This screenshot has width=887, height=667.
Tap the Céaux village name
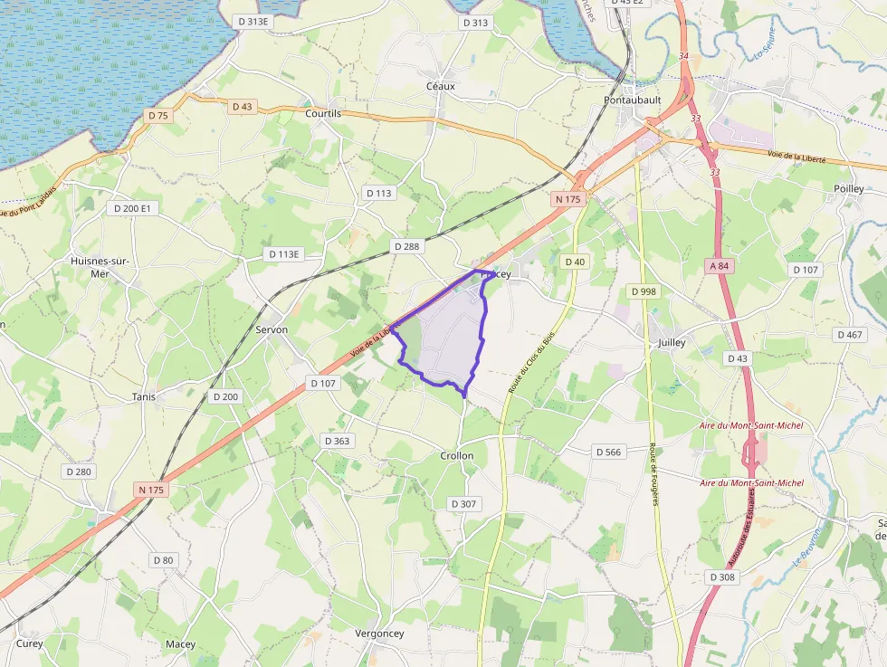coord(441,86)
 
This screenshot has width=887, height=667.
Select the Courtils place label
coord(323,113)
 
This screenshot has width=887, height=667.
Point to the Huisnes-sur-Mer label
coord(100,267)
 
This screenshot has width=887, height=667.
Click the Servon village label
coord(272,329)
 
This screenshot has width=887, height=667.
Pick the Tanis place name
coord(144,396)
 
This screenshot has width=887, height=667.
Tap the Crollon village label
coord(457,455)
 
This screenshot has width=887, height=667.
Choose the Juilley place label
coord(672,343)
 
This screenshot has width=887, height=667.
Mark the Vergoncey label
coord(380,634)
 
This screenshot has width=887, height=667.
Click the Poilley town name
coord(849,188)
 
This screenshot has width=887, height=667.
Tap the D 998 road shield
coord(643,291)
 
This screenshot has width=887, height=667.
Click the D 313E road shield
coord(253,22)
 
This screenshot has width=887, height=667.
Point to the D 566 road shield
coord(610,451)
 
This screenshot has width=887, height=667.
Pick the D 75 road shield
coord(158,115)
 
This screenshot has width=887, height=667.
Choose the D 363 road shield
coord(337,440)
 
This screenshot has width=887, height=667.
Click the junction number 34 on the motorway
coord(683,57)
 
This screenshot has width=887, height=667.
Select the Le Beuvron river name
coord(807,547)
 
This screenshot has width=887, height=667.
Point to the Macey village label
coord(180,644)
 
